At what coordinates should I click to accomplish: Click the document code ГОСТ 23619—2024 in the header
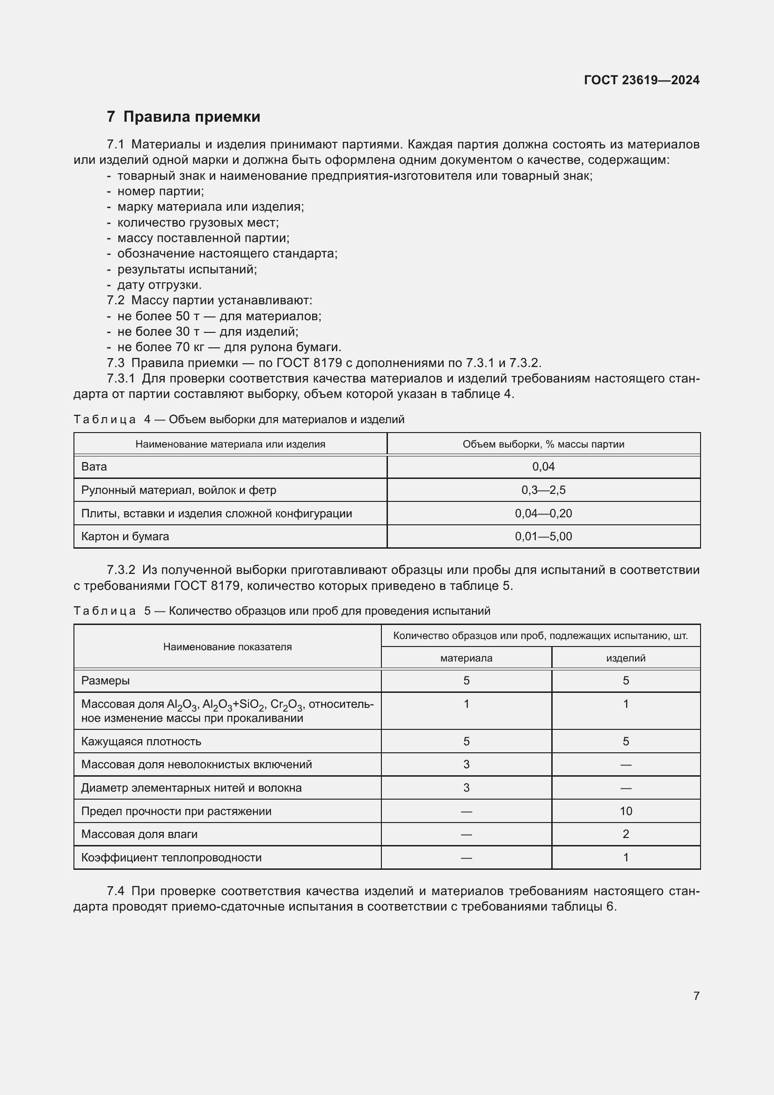pos(642,80)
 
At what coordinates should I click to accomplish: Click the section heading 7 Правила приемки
pos(183,117)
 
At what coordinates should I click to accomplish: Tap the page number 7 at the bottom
pos(696,996)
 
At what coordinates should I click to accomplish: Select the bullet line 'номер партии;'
pos(161,191)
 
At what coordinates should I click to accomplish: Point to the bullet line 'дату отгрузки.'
pos(159,285)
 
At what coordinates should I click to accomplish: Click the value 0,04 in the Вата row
pos(543,466)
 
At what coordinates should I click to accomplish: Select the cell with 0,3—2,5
pos(543,490)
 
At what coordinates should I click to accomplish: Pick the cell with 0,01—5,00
pos(543,536)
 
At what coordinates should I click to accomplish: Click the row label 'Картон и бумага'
pos(125,536)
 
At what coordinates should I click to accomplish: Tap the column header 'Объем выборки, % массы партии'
pos(543,444)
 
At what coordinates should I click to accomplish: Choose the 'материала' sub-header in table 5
pos(466,658)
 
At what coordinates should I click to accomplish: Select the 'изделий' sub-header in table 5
pos(626,658)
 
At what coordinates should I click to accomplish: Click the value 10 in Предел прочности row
pos(626,811)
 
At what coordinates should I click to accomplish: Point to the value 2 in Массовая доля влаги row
pos(626,834)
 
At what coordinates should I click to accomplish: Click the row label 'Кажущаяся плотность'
pos(141,741)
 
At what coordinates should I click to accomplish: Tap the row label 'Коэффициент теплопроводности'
pos(171,858)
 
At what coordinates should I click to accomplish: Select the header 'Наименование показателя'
pos(227,647)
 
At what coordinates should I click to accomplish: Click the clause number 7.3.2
pos(121,570)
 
